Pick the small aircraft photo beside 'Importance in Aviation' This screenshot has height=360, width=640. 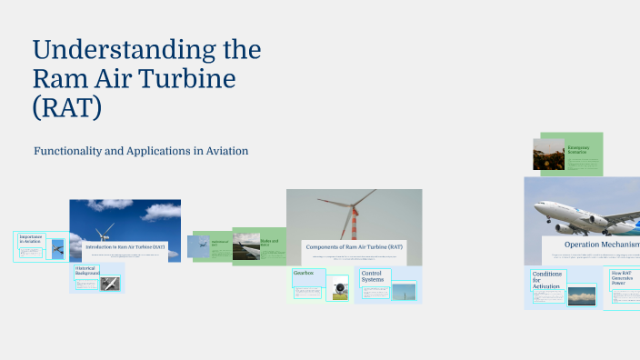tap(57, 247)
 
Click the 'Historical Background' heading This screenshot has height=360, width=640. tap(86, 271)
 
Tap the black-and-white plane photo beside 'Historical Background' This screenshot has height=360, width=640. tap(110, 283)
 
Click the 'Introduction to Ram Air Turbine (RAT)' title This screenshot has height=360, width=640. tap(125, 246)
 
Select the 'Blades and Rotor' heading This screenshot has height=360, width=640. tap(270, 244)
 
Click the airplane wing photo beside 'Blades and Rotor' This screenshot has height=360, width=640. tap(245, 246)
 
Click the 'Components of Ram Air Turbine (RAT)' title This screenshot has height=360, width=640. tap(354, 246)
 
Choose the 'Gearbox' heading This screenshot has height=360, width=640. tap(304, 273)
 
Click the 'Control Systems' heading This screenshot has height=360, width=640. tap(372, 275)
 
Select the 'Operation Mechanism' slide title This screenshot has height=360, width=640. tap(601, 244)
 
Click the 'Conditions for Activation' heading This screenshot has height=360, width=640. tap(547, 280)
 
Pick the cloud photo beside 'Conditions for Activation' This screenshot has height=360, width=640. tap(581, 295)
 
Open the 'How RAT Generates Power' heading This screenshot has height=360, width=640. tap(624, 277)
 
